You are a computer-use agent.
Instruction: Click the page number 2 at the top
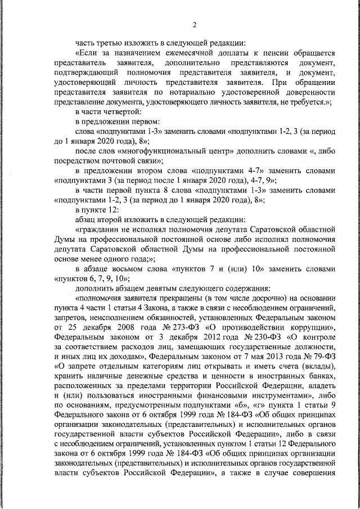click(x=193, y=25)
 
